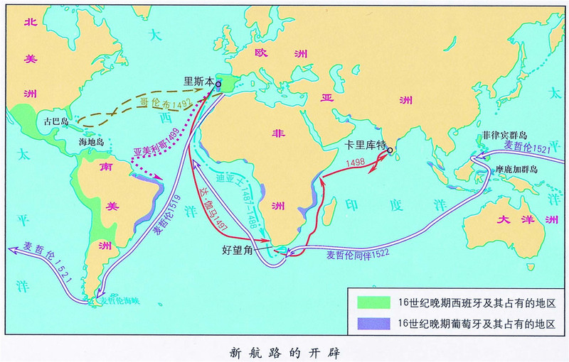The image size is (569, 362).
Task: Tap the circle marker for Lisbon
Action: (218, 84)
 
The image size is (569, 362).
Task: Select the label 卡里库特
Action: (363, 143)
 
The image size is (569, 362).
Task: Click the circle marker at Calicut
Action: (390, 150)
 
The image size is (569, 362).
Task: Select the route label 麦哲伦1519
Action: (163, 220)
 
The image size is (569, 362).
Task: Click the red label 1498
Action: (356, 165)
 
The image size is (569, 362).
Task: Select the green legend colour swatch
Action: (371, 302)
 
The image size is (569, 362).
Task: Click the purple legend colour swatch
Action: (371, 322)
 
